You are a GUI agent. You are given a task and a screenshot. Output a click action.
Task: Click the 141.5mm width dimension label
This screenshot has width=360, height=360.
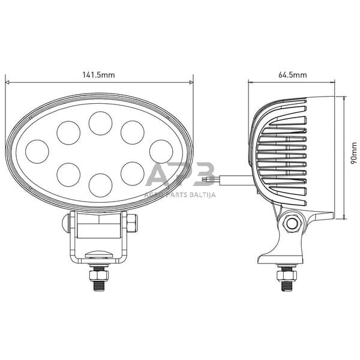coord(99,75)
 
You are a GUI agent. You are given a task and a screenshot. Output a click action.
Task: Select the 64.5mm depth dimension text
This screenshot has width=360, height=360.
coord(293,75)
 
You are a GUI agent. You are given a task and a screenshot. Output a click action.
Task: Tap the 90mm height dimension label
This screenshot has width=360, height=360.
coord(354,158)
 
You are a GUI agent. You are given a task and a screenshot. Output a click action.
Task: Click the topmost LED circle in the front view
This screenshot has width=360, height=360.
coord(100,122)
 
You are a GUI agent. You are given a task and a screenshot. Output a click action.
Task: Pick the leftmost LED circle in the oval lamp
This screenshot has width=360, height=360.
coord(37,152)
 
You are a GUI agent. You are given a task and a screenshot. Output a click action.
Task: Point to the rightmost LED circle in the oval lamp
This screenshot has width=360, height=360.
coord(161,151)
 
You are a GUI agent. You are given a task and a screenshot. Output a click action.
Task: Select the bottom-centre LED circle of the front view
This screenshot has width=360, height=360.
coord(100,185)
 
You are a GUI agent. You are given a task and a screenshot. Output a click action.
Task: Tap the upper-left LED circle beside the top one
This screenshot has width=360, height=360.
coord(68,133)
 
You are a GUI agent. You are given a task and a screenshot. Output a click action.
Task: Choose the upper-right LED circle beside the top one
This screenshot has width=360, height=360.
coord(132,133)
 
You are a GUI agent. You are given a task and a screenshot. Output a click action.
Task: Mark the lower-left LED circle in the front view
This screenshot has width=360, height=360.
coord(68,174)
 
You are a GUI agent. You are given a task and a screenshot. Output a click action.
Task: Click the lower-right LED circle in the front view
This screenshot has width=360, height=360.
coord(132,173)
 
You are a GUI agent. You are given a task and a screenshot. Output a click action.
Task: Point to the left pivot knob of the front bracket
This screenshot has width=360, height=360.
coord(65,223)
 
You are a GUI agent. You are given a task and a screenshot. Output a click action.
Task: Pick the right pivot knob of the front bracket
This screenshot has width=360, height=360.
coord(133,223)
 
